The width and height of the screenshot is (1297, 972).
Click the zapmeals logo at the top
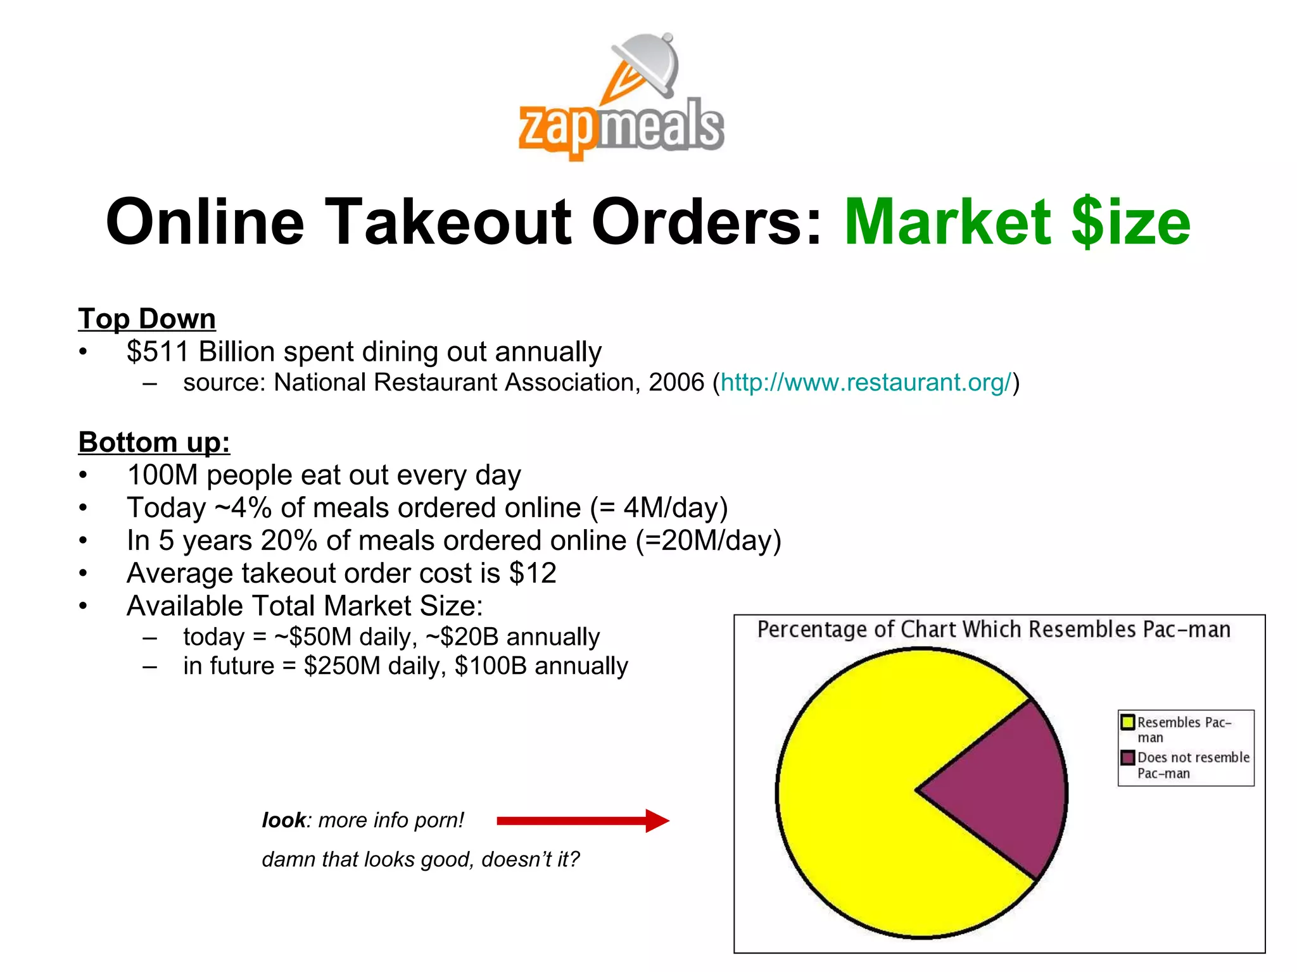click(x=621, y=98)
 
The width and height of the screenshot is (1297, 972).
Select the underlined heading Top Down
click(x=147, y=319)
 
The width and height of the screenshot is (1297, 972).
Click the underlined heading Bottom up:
click(x=154, y=442)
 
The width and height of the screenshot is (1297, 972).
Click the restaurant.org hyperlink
click(x=866, y=383)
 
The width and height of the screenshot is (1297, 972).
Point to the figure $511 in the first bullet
click(x=158, y=352)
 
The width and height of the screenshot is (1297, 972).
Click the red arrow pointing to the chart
click(x=583, y=821)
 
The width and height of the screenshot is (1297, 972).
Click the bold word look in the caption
click(x=283, y=820)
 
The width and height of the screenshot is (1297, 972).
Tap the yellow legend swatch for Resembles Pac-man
click(x=1127, y=722)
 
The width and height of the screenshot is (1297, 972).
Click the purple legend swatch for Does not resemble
click(x=1127, y=757)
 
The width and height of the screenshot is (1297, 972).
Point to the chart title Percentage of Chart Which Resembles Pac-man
click(x=994, y=630)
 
